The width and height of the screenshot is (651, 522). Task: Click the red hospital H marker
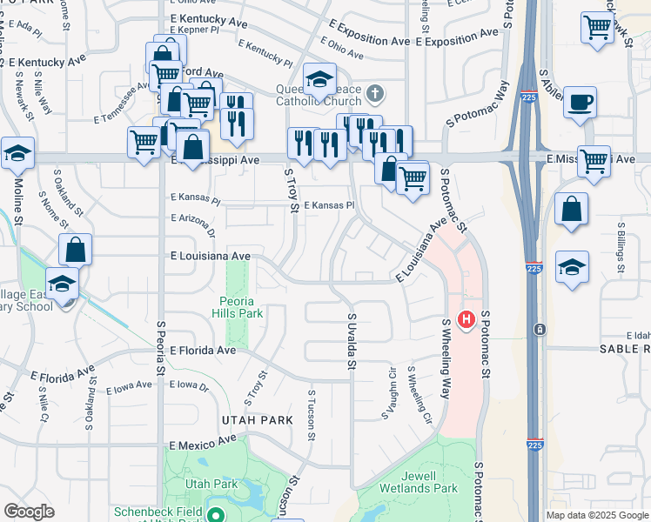(x=466, y=320)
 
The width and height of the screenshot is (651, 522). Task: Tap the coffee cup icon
(x=580, y=103)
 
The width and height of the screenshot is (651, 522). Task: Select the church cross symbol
(x=374, y=93)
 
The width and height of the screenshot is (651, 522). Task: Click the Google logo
(x=29, y=512)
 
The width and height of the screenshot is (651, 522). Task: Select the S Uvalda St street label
(x=352, y=341)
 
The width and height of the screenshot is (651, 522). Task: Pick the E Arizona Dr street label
(x=192, y=225)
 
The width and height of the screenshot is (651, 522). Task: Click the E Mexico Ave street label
(x=203, y=443)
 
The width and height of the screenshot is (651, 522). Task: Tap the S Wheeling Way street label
(x=446, y=358)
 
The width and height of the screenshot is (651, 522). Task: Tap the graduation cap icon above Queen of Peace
(x=319, y=80)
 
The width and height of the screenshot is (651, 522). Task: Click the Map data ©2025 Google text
(x=597, y=515)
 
